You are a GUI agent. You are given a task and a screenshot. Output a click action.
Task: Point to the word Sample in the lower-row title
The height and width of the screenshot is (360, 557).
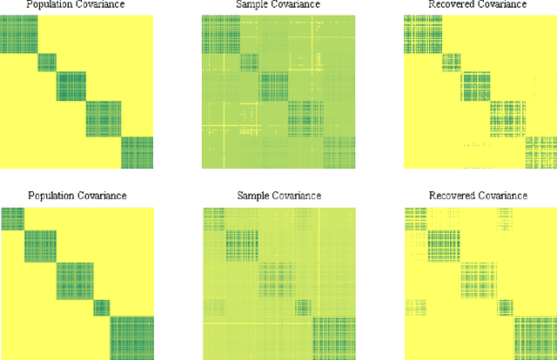click(x=253, y=196)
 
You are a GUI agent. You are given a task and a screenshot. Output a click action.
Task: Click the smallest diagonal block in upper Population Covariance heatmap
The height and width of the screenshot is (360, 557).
click(x=47, y=62)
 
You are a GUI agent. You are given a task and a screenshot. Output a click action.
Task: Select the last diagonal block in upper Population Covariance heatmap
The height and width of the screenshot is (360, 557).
click(x=137, y=153)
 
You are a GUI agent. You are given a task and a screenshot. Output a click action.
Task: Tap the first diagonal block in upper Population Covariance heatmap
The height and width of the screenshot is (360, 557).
click(x=17, y=34)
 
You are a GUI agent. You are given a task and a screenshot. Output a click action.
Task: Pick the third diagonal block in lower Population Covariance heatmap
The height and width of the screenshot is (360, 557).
click(x=74, y=281)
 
